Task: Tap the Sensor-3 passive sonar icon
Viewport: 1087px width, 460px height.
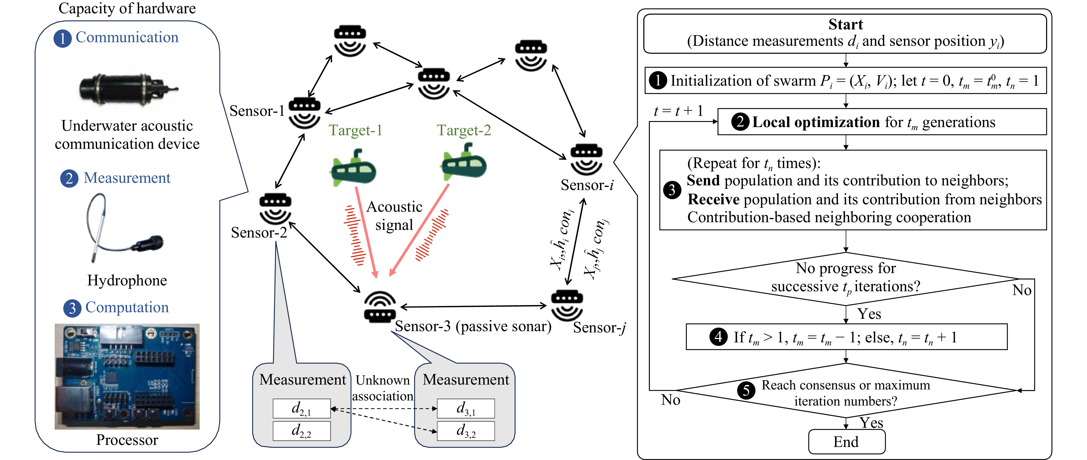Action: click(x=380, y=307)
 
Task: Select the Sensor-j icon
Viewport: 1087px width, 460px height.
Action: click(x=567, y=305)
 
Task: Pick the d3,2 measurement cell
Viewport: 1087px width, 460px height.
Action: click(x=466, y=431)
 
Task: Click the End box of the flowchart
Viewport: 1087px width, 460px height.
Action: click(x=846, y=441)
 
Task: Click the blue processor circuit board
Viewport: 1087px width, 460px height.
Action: click(x=127, y=376)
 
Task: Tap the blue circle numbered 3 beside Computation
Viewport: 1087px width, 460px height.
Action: click(x=72, y=308)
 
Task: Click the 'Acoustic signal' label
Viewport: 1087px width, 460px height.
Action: click(x=394, y=216)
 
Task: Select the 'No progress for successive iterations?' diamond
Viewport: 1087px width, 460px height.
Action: click(x=846, y=278)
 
